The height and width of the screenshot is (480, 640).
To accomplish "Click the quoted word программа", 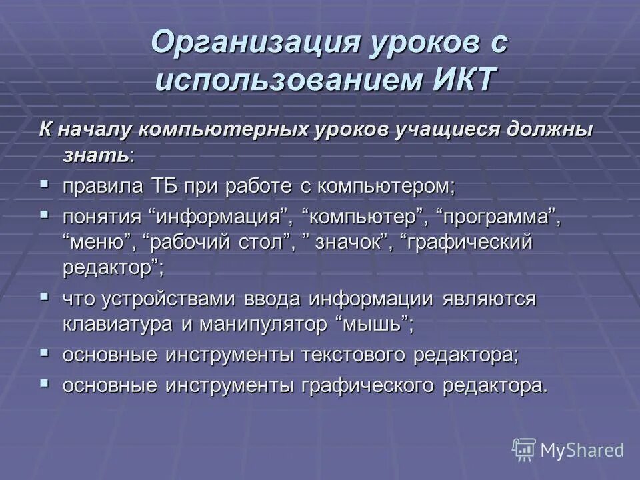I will pyautogui.click(x=498, y=217).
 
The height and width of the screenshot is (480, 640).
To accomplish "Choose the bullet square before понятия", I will pyautogui.click(x=44, y=215).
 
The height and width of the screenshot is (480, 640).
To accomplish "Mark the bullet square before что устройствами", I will pyautogui.click(x=44, y=296).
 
